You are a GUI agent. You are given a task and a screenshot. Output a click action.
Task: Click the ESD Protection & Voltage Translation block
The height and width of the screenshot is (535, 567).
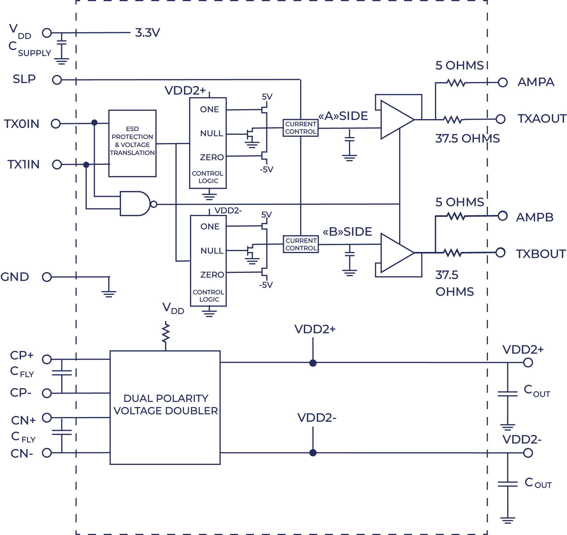pyautogui.click(x=132, y=143)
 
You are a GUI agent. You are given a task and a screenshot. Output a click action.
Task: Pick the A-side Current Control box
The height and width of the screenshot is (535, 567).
pyautogui.click(x=301, y=128)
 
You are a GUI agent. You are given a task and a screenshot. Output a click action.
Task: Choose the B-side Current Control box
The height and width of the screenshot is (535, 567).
pyautogui.click(x=301, y=244)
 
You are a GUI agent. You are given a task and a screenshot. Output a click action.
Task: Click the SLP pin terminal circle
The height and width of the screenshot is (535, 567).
pyautogui.click(x=57, y=80)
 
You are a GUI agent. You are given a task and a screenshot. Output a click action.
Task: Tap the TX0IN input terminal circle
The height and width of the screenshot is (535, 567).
pyautogui.click(x=56, y=124)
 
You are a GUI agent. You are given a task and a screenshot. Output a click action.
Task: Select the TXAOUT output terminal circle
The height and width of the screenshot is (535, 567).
pyautogui.click(x=501, y=119)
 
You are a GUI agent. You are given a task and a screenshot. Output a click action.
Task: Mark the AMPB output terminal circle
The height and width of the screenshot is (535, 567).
pyautogui.click(x=502, y=216)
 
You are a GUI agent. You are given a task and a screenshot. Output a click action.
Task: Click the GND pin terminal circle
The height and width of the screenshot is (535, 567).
pyautogui.click(x=47, y=277)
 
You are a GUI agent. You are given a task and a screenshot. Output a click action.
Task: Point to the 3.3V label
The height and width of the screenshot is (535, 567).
pyautogui.click(x=147, y=33)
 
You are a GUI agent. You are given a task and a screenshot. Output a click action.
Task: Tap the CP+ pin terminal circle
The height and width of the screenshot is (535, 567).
pyautogui.click(x=47, y=359)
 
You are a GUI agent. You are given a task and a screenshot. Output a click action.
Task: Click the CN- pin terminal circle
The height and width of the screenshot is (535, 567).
pyautogui.click(x=47, y=453)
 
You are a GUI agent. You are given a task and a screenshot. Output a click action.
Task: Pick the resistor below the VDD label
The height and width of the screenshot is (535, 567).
pyautogui.click(x=165, y=332)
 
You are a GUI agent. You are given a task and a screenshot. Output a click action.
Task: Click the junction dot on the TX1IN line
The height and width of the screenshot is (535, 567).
pyautogui.click(x=86, y=165)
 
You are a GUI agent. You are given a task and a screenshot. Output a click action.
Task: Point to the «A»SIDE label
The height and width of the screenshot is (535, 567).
pyautogui.click(x=343, y=116)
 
